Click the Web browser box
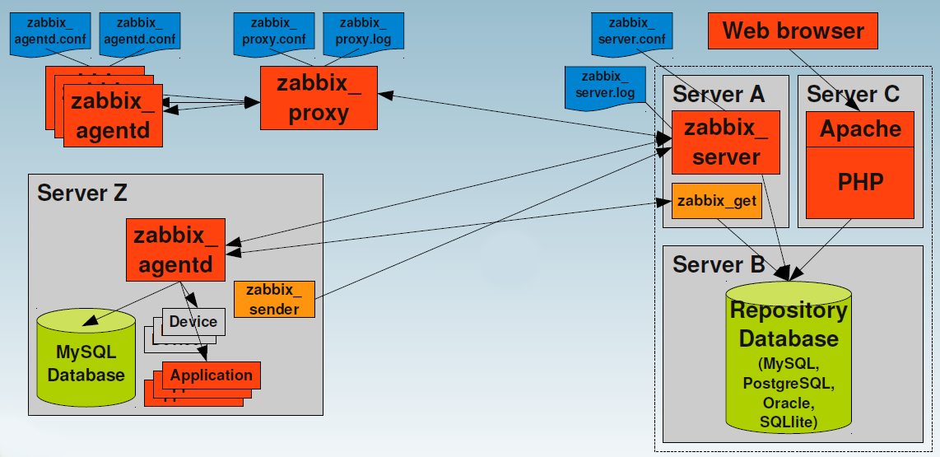tap(793, 31)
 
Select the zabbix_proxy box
tap(319, 98)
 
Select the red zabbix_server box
tap(725, 142)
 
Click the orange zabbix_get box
tap(716, 200)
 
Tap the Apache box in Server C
tap(860, 129)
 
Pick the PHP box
tap(860, 182)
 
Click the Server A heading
tap(719, 94)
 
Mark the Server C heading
tap(853, 94)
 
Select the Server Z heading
tap(82, 194)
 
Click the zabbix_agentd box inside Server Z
tap(176, 249)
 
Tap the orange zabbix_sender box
tap(274, 299)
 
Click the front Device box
tap(193, 321)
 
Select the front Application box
tap(212, 375)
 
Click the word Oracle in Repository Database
tap(788, 403)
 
